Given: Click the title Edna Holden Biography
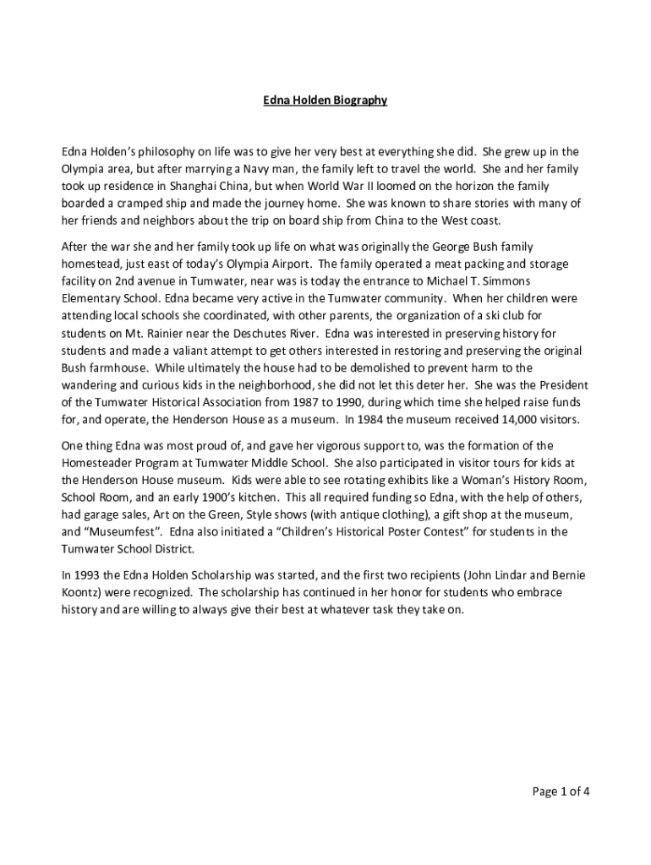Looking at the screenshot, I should click(325, 101).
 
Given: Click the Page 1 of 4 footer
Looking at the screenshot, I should click(560, 792).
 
